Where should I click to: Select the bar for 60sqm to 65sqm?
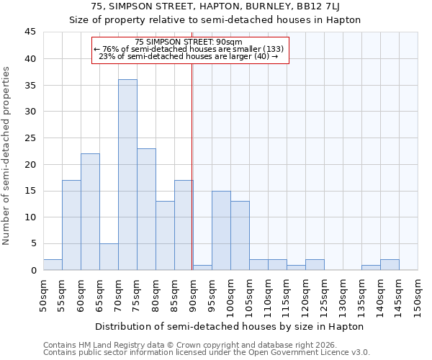(90, 212)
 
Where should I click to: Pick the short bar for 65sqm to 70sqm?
(109, 256)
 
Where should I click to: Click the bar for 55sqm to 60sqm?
(71, 225)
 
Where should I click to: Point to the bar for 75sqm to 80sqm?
(146, 209)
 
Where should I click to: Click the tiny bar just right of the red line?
(202, 267)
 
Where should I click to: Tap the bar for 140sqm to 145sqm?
(390, 264)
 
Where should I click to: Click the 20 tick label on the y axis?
(30, 164)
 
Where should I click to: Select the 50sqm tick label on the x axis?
(44, 294)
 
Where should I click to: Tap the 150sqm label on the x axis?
(418, 297)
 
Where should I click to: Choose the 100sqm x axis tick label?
(231, 297)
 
